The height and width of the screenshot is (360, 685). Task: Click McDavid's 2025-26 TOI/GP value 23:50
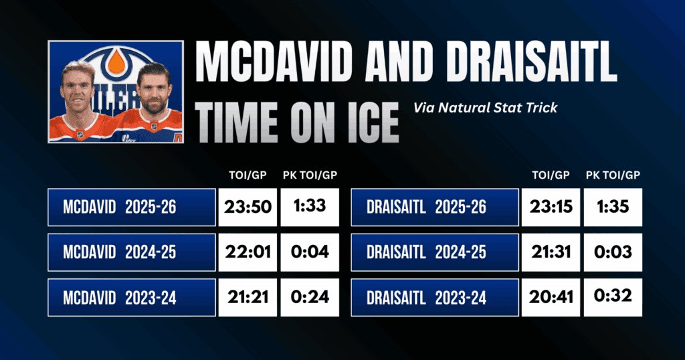[248, 207]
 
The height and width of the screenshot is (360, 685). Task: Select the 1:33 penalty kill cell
[310, 207]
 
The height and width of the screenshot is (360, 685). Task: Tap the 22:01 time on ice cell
[248, 252]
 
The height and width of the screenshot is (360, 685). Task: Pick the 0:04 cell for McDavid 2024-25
[310, 252]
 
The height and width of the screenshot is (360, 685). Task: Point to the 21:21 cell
[248, 298]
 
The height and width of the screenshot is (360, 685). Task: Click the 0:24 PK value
[310, 298]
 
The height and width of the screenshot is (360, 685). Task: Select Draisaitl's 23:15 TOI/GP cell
[551, 207]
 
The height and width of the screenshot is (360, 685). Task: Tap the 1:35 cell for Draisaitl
[613, 207]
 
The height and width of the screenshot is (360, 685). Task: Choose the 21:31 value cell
[551, 252]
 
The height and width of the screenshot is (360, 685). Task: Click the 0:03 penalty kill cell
[613, 252]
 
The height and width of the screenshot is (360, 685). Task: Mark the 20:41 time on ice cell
[551, 298]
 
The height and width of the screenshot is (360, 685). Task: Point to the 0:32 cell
[613, 298]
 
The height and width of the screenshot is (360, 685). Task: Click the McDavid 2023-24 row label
[132, 298]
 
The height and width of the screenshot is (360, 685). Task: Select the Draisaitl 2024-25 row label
[435, 252]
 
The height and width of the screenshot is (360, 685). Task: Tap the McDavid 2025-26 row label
[132, 207]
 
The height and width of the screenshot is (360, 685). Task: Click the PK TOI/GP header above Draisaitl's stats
[613, 175]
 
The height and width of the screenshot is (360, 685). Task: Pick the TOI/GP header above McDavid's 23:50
[248, 175]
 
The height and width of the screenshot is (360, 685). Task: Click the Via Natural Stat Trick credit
[486, 108]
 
